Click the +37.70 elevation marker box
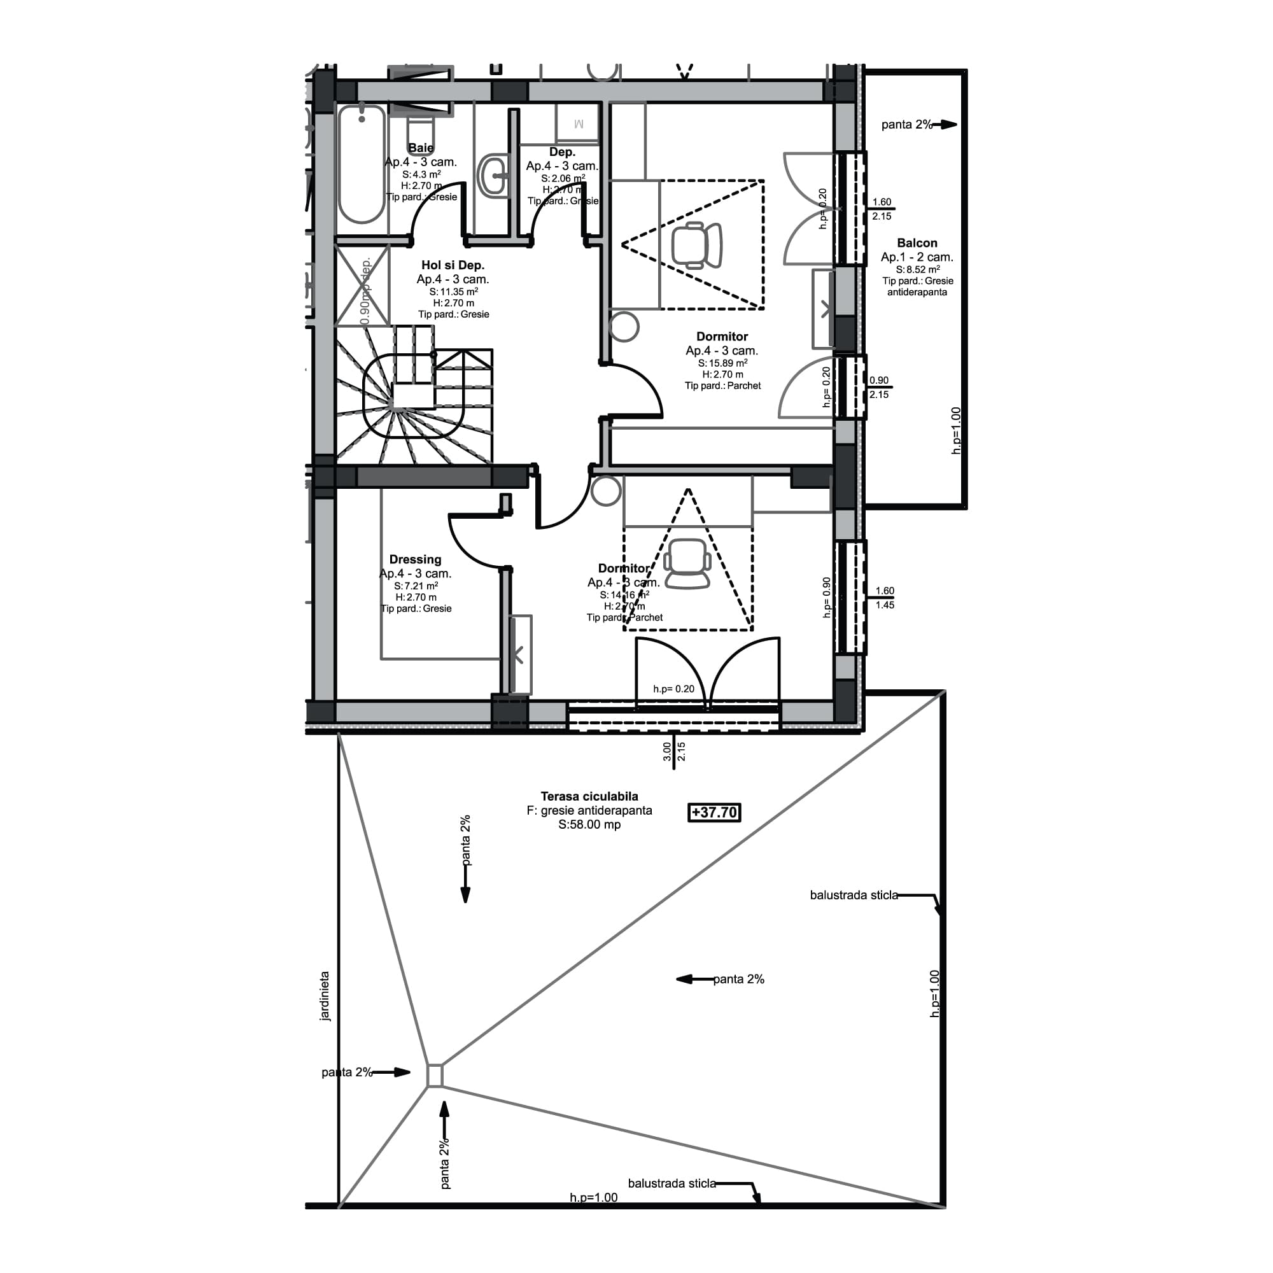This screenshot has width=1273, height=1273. click(714, 812)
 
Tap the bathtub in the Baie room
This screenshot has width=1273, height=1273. click(361, 165)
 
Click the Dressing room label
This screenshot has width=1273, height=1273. click(415, 559)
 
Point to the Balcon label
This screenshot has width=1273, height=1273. click(917, 243)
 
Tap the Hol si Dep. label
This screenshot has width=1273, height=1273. click(453, 265)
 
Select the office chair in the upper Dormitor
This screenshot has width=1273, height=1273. click(696, 245)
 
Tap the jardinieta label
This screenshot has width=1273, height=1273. click(324, 995)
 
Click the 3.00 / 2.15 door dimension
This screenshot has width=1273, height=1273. click(674, 751)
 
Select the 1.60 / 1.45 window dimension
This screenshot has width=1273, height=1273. click(884, 598)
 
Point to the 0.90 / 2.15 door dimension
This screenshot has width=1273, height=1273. click(878, 388)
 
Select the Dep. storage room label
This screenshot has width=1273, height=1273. click(562, 152)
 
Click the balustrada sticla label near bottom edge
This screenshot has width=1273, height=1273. click(672, 1183)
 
